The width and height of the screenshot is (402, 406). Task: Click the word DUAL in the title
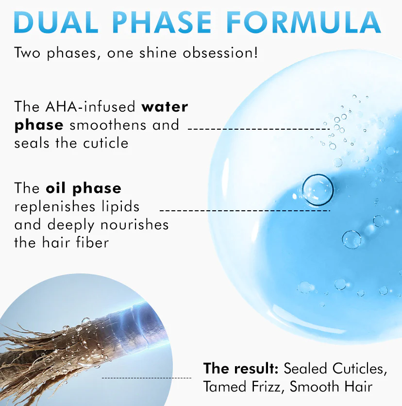[56, 22]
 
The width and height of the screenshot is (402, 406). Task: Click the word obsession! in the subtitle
[220, 52]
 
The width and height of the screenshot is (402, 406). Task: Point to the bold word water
[165, 107]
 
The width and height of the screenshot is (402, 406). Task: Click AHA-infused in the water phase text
[90, 106]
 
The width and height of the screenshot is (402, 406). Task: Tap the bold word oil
[56, 188]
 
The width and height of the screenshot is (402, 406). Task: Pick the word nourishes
[134, 224]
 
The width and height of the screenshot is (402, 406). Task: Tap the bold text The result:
[241, 368]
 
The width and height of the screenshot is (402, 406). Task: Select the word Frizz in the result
[266, 386]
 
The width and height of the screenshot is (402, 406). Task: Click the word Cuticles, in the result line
[360, 369]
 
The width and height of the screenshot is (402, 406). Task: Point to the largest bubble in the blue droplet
[318, 190]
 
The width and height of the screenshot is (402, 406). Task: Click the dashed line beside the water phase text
[259, 129]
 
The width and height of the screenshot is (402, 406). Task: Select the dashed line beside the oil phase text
[245, 210]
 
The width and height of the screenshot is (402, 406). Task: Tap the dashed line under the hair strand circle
[147, 378]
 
